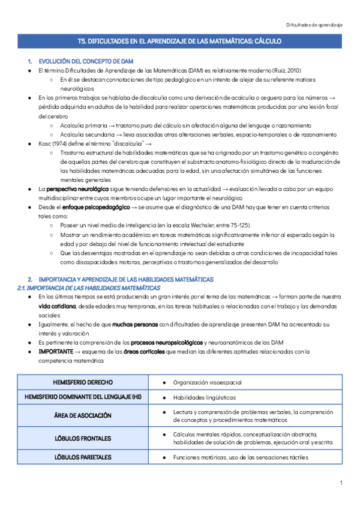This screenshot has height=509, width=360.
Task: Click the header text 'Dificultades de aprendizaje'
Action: pyautogui.click(x=314, y=25)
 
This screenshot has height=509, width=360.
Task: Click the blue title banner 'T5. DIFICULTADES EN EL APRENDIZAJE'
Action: pyautogui.click(x=179, y=41)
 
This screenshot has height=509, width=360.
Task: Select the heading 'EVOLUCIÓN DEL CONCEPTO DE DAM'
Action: pyautogui.click(x=86, y=62)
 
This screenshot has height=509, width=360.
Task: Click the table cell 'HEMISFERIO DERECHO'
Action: pyautogui.click(x=83, y=382)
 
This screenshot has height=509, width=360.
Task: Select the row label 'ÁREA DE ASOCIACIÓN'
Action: pyautogui.click(x=83, y=415)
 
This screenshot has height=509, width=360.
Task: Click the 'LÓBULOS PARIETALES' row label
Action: pyautogui.click(x=83, y=457)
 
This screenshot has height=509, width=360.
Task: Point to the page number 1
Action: pyautogui.click(x=340, y=483)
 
